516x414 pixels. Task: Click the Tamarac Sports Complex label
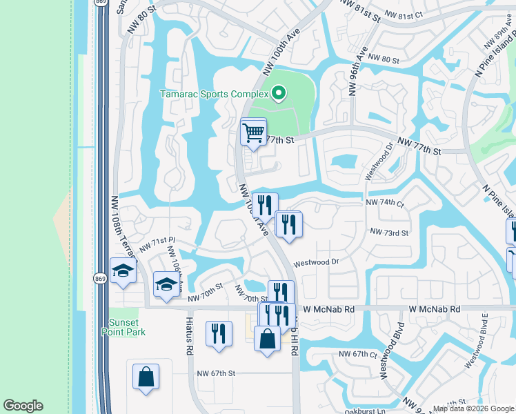[214, 94]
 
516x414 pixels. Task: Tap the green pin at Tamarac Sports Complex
[279, 92]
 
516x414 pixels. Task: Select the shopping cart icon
[253, 131]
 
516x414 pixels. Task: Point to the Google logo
[23, 406]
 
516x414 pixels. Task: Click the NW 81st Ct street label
[413, 14]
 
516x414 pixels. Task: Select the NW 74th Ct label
[384, 203]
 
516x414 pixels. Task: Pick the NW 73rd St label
[389, 233]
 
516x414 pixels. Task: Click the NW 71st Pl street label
[158, 244]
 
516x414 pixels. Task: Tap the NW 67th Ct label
[357, 354]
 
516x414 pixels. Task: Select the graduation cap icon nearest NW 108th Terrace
[122, 270]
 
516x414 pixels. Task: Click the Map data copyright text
[474, 408]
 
